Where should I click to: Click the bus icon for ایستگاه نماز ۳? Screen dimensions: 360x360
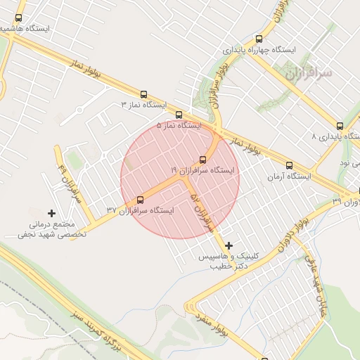pos(144,94)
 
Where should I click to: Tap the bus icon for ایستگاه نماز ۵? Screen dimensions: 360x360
pos(179,115)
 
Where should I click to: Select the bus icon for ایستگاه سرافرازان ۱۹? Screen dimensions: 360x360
pos(203,160)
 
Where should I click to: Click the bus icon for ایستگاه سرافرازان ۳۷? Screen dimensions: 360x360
pos(140,200)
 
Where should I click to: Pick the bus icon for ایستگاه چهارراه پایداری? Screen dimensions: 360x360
pos(259,39)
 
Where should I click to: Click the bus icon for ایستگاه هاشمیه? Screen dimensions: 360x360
pos(18,18)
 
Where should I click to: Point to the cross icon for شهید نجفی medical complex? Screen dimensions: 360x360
pos(51,212)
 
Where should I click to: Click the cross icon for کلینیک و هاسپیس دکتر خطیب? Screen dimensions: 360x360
pos(229,245)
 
